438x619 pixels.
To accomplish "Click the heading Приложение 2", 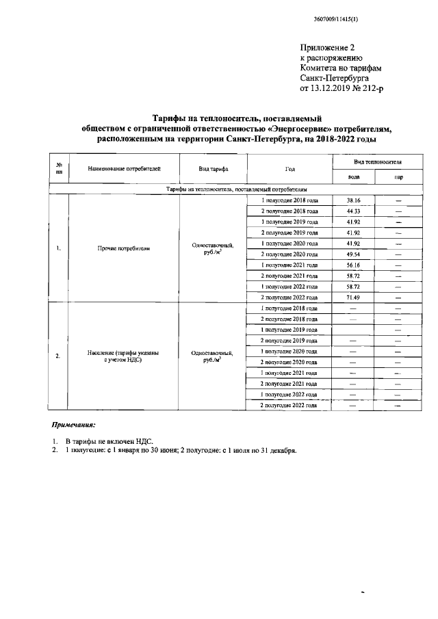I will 328,47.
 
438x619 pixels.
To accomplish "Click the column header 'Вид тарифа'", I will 214,168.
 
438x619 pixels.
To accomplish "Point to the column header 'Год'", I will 289,168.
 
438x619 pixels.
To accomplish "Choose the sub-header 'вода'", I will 354,177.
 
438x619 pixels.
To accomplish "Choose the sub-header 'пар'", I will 398,177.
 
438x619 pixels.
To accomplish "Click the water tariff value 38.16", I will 353,200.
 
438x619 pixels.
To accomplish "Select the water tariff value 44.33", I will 353,211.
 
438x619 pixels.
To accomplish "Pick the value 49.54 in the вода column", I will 353,254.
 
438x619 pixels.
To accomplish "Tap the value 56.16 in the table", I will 353,265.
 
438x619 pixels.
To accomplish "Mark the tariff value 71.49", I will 353,298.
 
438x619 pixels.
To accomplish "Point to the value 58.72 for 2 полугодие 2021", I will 353,276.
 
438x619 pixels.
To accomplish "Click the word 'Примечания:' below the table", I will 76,425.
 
